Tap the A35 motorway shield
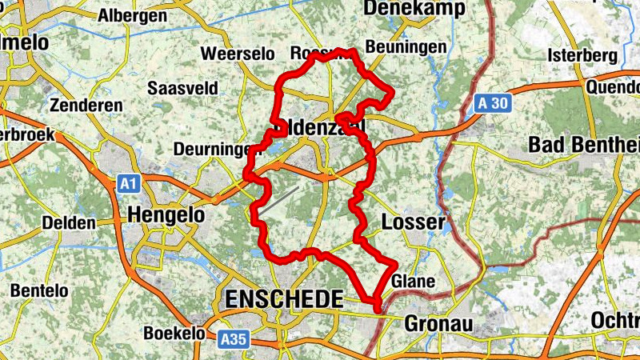click(x=233, y=339)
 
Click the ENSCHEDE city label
click(x=284, y=299)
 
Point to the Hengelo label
click(x=166, y=214)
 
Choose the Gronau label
click(x=438, y=324)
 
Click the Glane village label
click(x=414, y=282)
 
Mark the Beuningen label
click(x=405, y=47)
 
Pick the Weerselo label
click(x=238, y=54)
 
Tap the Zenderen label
click(x=86, y=106)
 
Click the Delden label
click(x=69, y=222)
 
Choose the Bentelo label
click(x=39, y=291)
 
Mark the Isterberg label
click(x=583, y=55)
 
